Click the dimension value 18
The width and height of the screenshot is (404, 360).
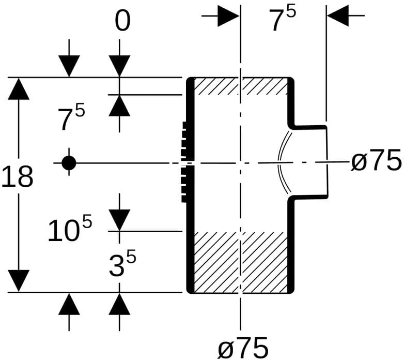[17, 176]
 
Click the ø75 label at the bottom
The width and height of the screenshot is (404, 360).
[243, 348]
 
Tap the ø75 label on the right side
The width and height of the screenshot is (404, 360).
[377, 160]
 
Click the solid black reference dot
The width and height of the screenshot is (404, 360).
[69, 163]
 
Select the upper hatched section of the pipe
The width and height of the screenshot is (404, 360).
[241, 86]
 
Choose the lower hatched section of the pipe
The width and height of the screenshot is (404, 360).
[241, 262]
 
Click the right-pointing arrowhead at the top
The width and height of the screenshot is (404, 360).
[228, 16]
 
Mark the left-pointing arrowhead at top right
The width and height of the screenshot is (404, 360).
[338, 16]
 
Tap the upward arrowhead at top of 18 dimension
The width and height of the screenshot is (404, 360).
[19, 88]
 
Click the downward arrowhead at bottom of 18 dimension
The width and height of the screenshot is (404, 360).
[19, 281]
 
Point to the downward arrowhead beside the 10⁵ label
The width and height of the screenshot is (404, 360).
[119, 220]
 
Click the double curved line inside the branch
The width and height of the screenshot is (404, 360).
[284, 162]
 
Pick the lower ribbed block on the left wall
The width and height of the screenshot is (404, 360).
[184, 184]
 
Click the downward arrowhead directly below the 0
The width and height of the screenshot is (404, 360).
[119, 66]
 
